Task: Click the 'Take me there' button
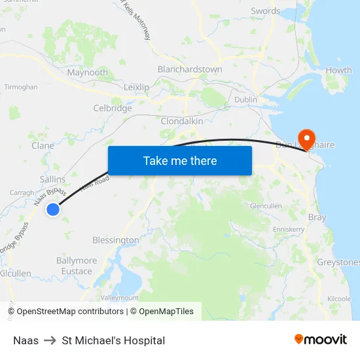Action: click(x=180, y=160)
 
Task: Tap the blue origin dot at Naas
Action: click(x=53, y=209)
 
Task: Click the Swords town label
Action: click(x=266, y=11)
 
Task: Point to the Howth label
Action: click(x=338, y=70)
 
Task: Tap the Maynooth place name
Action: click(x=88, y=73)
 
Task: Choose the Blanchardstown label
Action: click(x=190, y=69)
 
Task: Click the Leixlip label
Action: click(x=137, y=86)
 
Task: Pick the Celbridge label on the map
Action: click(x=113, y=108)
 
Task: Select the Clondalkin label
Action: click(x=182, y=121)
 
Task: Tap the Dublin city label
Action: click(x=245, y=99)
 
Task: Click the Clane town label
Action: click(x=43, y=145)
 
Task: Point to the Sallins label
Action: click(x=52, y=179)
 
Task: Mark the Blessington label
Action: click(x=116, y=240)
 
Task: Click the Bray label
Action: click(x=317, y=217)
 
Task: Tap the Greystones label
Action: click(x=338, y=262)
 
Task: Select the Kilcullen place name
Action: click(x=16, y=273)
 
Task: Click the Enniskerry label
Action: click(x=289, y=230)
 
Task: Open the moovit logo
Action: click(x=321, y=340)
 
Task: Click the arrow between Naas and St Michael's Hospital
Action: click(x=50, y=340)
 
